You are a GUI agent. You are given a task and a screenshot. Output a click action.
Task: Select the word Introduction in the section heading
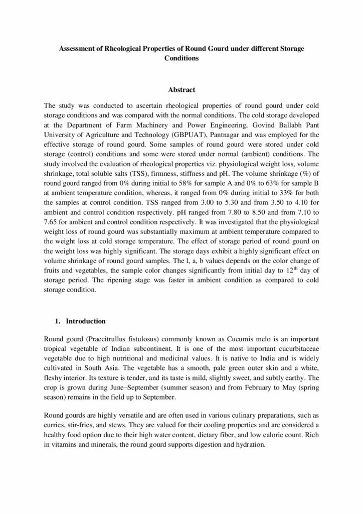coord(86,321)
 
